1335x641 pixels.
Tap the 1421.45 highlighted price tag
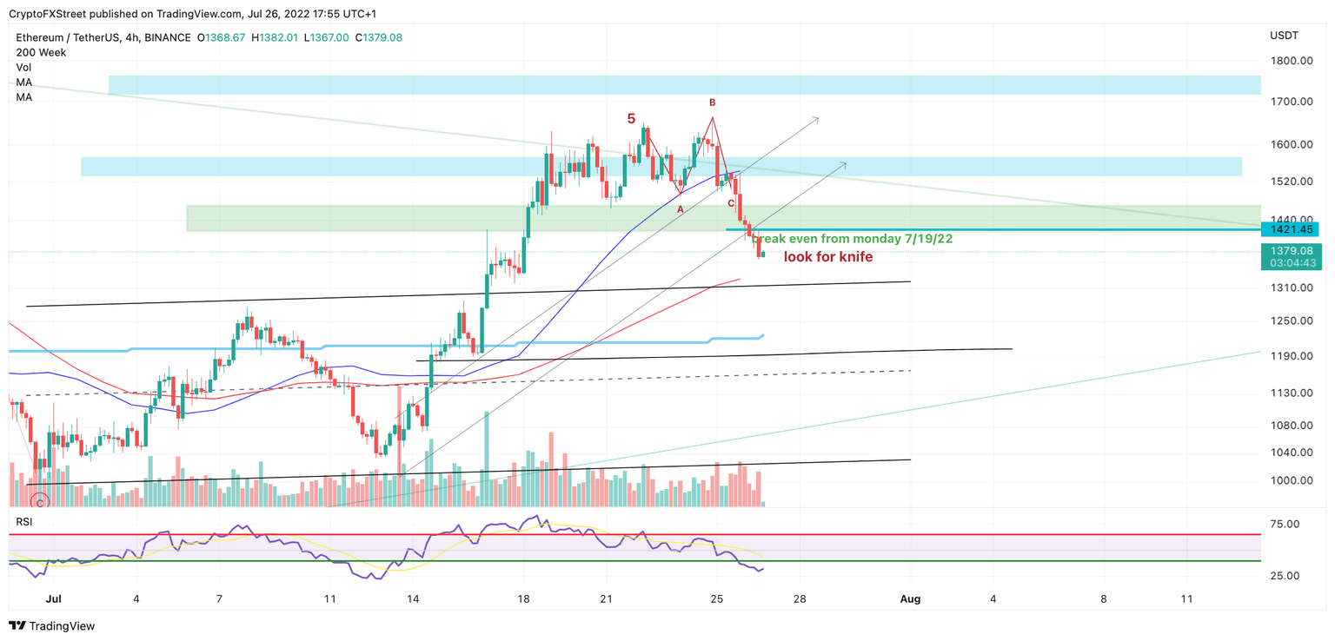tap(1290, 229)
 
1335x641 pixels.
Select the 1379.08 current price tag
tap(1290, 250)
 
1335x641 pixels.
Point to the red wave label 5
tap(631, 118)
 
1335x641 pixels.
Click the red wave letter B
tap(712, 102)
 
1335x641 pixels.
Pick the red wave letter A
tap(681, 209)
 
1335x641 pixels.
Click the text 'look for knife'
tap(827, 257)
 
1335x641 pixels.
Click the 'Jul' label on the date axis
tap(53, 598)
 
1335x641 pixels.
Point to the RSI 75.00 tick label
tap(1283, 524)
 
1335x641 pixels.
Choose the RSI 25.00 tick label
tap(1283, 576)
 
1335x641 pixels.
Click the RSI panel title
tap(24, 520)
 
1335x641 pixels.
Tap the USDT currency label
tap(1284, 36)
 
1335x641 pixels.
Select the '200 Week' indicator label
tap(41, 52)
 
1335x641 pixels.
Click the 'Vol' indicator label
tap(23, 67)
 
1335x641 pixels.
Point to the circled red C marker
tap(38, 501)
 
